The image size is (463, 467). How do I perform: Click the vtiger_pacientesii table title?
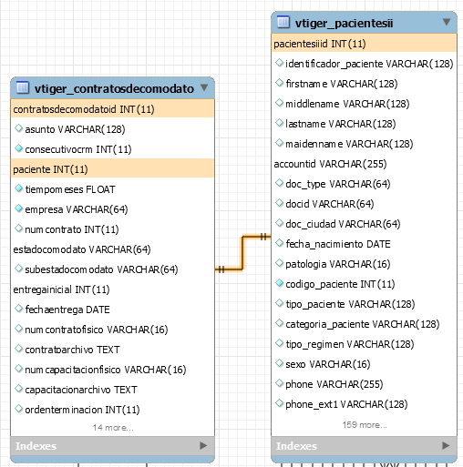[344, 23]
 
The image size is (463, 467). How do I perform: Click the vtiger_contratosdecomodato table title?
[114, 88]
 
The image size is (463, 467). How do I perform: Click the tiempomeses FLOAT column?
[70, 189]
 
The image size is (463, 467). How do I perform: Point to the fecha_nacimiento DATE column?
[338, 244]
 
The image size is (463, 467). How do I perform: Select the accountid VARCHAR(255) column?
[330, 164]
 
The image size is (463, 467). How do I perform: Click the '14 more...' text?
[113, 428]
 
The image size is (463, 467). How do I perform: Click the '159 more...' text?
[365, 425]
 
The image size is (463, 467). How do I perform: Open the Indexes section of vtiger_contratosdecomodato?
[36, 446]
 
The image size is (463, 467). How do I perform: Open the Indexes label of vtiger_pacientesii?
[296, 446]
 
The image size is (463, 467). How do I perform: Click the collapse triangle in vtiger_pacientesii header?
[447, 22]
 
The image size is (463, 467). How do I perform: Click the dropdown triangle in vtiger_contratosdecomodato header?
[204, 87]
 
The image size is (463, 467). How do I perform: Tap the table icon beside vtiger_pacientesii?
[283, 22]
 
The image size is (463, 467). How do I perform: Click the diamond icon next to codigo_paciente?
[279, 283]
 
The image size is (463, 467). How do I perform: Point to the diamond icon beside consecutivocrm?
[18, 148]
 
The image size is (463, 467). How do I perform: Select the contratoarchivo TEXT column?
[72, 350]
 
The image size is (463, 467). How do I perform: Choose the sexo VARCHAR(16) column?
[328, 364]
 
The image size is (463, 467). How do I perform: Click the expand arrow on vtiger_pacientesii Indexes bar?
[446, 446]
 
